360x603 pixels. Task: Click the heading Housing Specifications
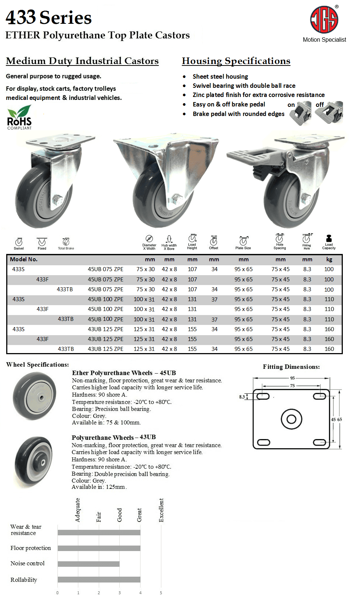236,61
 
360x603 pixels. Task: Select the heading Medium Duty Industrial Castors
82,61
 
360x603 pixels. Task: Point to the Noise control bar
89,564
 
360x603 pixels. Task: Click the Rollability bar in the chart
99,580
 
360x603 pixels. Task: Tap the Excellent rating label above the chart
161,510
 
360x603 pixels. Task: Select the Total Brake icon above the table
66,242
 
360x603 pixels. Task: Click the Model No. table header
24,259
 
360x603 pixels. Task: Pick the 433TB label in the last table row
66,349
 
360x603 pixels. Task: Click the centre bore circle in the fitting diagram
292,419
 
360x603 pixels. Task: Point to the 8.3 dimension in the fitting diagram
242,397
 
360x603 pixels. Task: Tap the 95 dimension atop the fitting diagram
292,378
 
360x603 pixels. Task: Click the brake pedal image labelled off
329,113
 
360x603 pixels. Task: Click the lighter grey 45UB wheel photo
35,396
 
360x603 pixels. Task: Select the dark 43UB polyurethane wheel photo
34,462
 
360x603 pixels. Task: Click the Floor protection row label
31,548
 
